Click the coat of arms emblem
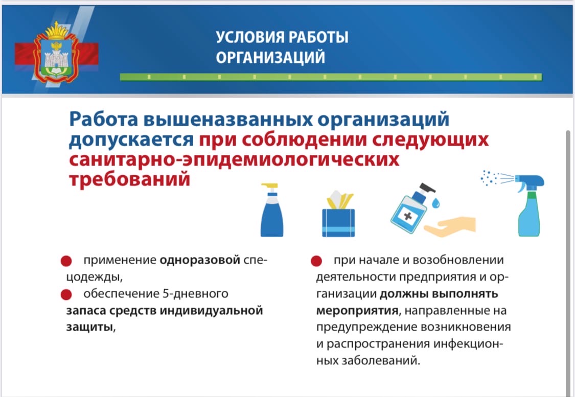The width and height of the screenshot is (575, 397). click(56, 52)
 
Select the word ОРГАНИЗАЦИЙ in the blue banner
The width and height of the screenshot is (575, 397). click(270, 58)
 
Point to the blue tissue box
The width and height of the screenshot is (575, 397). click(338, 214)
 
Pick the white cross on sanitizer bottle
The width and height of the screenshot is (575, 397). click(408, 216)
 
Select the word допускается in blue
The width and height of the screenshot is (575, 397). click(131, 140)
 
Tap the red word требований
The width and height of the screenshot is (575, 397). click(130, 179)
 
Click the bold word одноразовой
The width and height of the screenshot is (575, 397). click(200, 260)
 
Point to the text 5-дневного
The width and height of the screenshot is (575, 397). click(195, 294)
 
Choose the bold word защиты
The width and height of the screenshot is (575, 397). click(89, 327)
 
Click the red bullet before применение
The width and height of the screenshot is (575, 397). click(66, 261)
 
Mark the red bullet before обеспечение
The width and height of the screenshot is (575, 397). click(66, 295)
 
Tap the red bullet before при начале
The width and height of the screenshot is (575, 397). click(316, 261)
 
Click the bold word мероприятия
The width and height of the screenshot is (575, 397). click(357, 311)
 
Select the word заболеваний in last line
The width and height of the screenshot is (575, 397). click(381, 361)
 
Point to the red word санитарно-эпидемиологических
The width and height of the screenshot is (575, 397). click(234, 160)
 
